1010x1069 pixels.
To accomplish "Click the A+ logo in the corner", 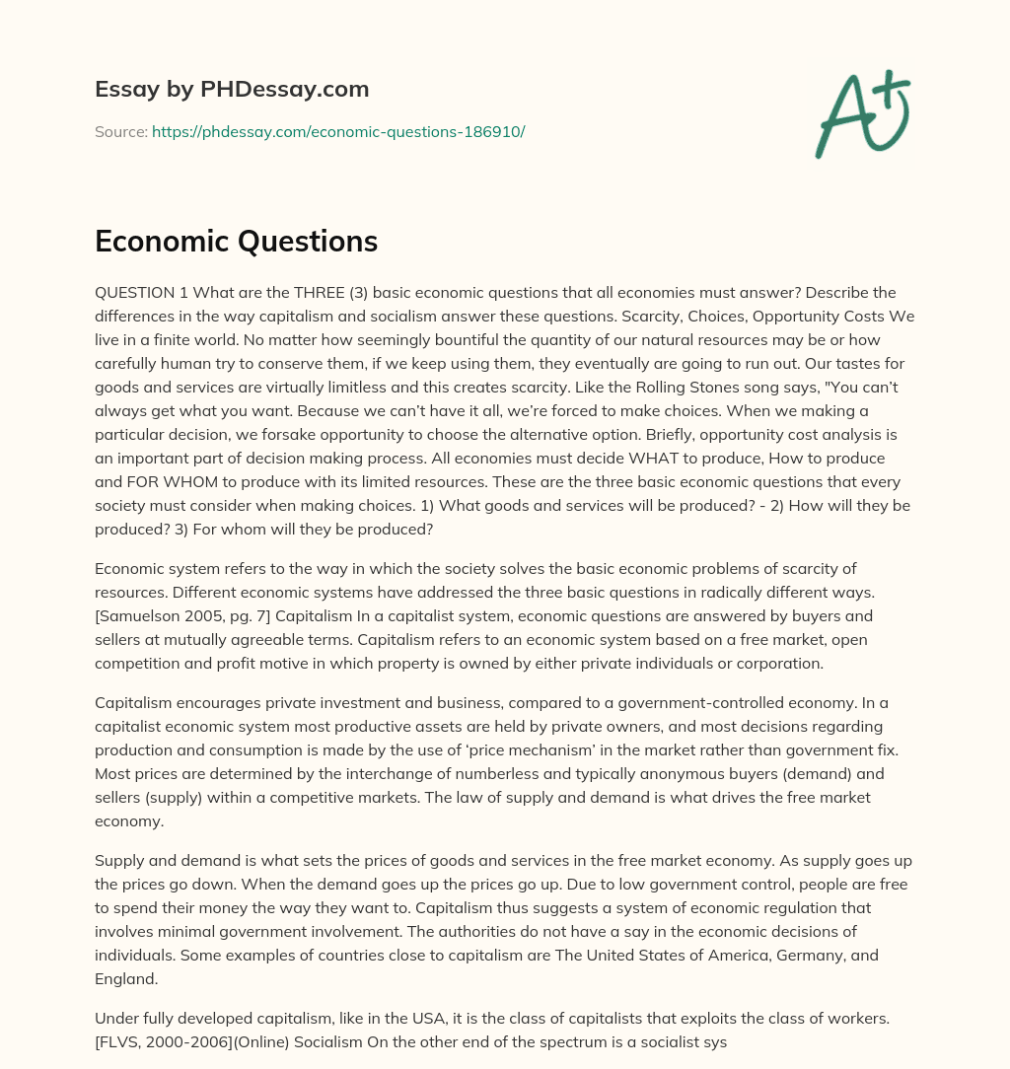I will pyautogui.click(x=861, y=114).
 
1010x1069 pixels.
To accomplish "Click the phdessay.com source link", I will pyautogui.click(x=337, y=131).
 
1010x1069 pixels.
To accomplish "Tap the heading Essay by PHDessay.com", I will pyautogui.click(x=232, y=90).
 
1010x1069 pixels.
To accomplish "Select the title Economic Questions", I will pyautogui.click(x=236, y=241).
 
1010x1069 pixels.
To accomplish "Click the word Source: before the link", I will pyautogui.click(x=120, y=131).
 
